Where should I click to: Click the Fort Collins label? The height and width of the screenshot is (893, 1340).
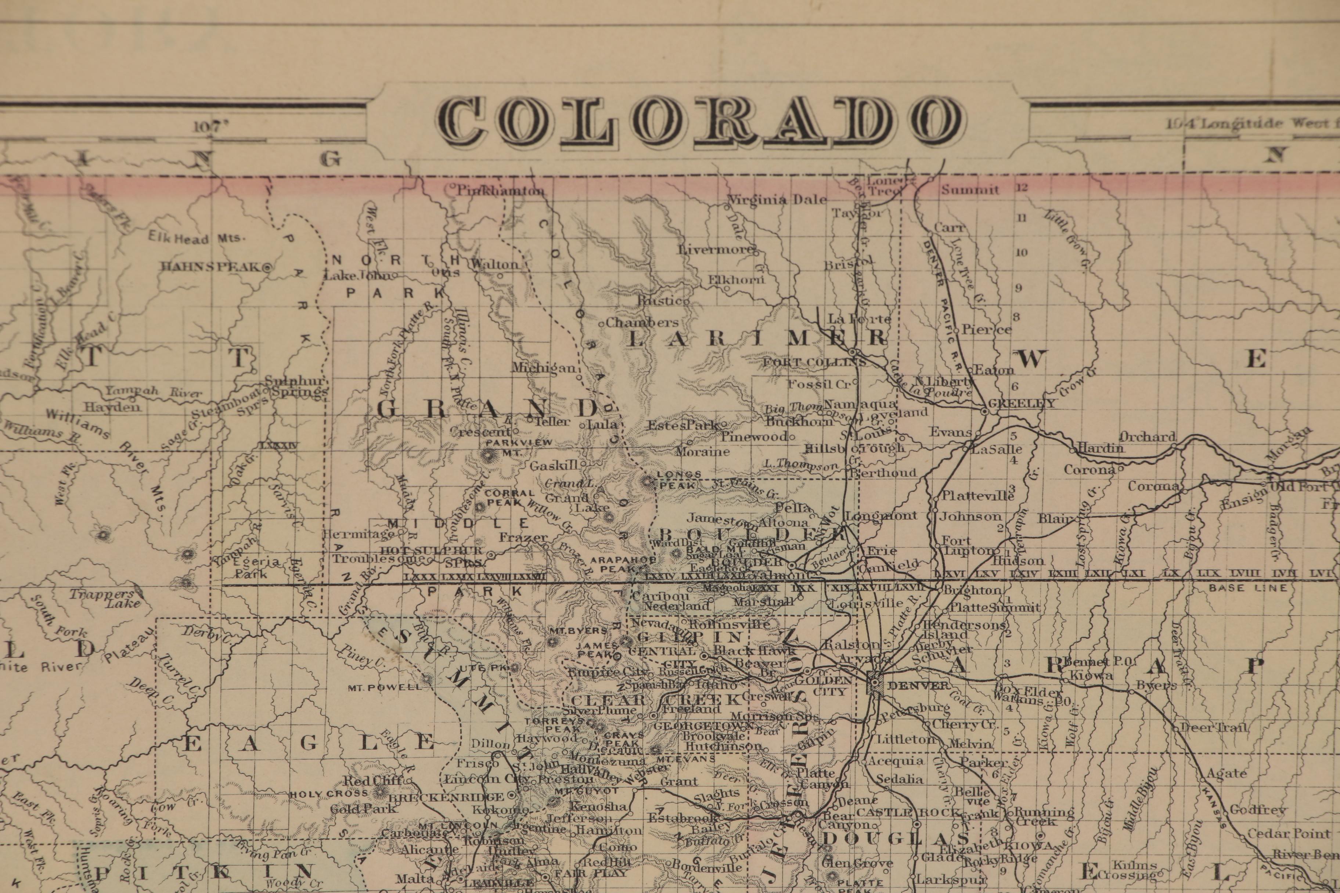click(814, 362)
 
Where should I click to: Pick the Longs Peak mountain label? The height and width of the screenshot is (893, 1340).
click(678, 480)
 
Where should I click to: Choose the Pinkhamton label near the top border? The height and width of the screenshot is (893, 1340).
click(501, 191)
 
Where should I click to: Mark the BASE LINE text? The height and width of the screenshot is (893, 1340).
click(1248, 588)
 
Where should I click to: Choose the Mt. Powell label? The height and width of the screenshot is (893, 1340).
click(385, 687)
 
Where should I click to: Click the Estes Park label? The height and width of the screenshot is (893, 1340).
click(682, 425)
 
